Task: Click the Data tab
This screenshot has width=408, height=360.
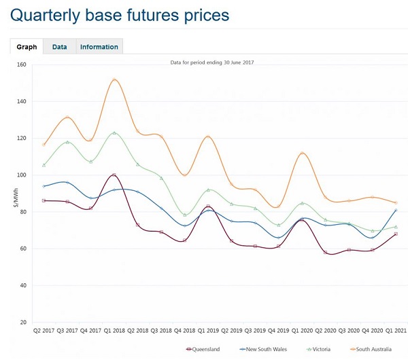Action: coord(59,47)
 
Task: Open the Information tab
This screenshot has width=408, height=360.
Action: coord(99,47)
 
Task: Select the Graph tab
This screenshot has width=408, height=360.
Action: coord(27,47)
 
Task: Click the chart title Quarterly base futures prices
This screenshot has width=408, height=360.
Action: coord(120,14)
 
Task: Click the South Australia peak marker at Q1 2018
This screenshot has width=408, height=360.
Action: coord(114,80)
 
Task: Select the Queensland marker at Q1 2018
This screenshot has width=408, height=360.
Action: coord(114,175)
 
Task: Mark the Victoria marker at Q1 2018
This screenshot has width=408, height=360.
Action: coord(114,133)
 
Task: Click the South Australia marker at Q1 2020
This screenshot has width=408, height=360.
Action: coord(301,154)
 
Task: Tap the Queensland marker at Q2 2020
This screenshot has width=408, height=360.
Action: coord(325,253)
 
